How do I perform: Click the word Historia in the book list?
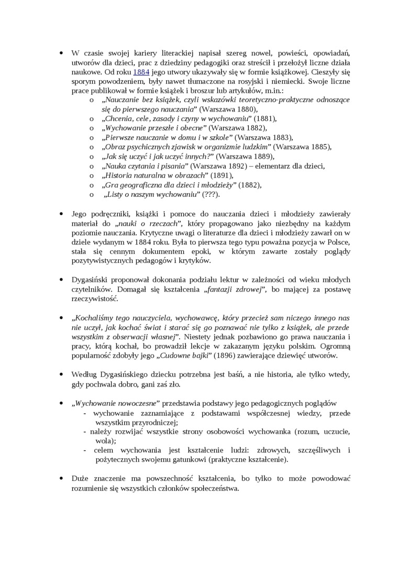120,175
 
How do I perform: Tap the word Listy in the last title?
116,194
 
